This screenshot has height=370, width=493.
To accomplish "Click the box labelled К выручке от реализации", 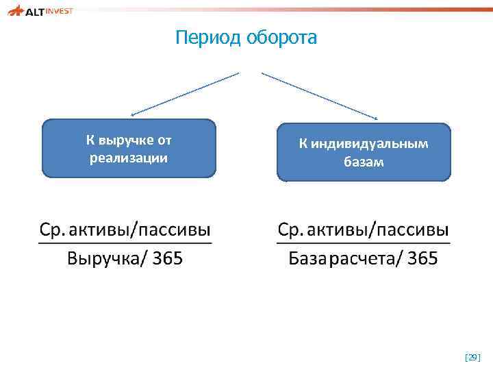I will click(x=129, y=149).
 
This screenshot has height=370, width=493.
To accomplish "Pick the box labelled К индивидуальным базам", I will click(x=364, y=152).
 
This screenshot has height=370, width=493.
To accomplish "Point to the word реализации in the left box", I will click(x=129, y=158).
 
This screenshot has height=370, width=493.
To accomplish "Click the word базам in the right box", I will click(x=364, y=162).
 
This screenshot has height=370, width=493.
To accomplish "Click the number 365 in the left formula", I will click(x=167, y=260).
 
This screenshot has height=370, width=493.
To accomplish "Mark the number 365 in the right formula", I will click(x=422, y=260).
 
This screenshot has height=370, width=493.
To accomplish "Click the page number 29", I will click(x=472, y=358).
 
